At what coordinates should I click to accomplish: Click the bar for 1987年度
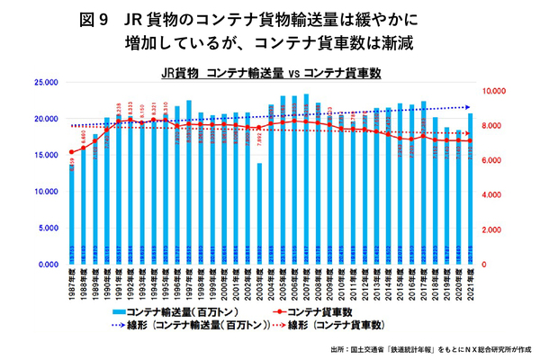pyautogui.click(x=71, y=216)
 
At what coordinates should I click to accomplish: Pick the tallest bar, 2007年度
pyautogui.click(x=306, y=180)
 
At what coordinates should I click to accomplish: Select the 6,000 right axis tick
pyautogui.click(x=496, y=161)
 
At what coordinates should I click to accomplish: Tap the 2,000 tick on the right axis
pyautogui.click(x=496, y=230)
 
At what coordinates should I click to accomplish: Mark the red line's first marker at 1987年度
pyautogui.click(x=71, y=152)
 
